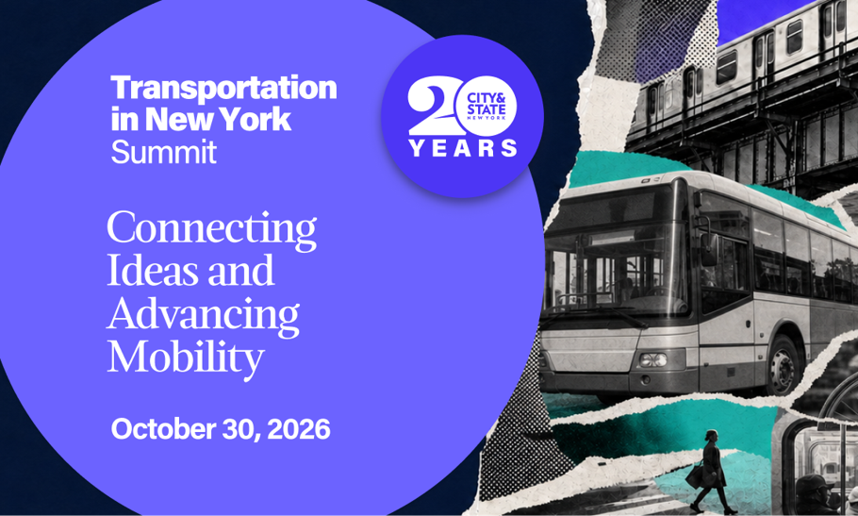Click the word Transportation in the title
[223, 88]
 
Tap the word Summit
[164, 152]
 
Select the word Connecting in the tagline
[212, 229]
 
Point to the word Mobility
[186, 358]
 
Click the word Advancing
[203, 315]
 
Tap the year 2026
[299, 429]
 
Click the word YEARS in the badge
[462, 148]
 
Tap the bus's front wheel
[784, 365]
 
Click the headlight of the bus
[652, 359]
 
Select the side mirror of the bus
[709, 248]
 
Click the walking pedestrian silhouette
[711, 472]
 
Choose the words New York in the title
[218, 119]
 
